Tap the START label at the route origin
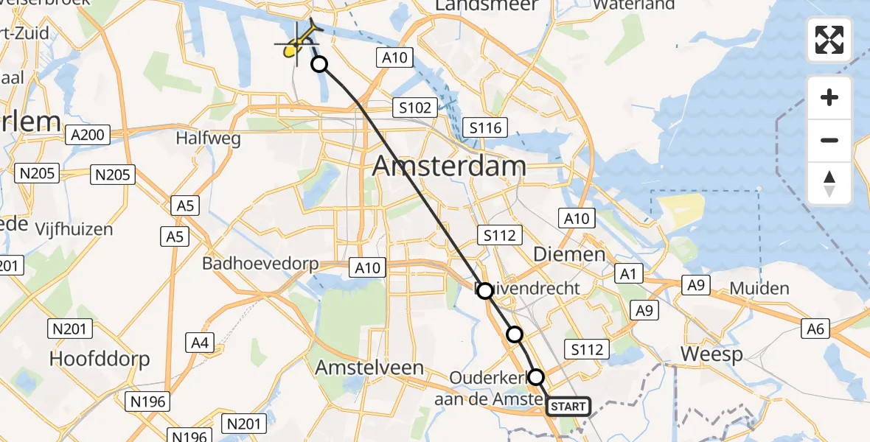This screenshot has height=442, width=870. click(x=568, y=407)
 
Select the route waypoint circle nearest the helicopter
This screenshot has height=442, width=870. click(x=319, y=65)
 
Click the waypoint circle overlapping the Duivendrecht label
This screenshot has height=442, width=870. click(x=484, y=291)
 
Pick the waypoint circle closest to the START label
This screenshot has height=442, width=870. click(x=536, y=377)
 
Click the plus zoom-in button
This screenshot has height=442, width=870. click(x=829, y=98)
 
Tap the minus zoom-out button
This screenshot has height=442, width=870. click(x=829, y=140)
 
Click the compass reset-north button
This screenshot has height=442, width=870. click(x=829, y=183)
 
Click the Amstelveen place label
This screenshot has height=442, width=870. click(x=369, y=367)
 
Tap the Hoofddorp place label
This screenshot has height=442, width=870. click(x=100, y=359)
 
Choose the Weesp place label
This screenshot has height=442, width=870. click(x=709, y=354)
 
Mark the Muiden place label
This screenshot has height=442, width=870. click(x=759, y=288)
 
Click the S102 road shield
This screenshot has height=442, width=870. click(x=414, y=108)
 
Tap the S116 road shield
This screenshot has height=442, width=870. click(x=485, y=128)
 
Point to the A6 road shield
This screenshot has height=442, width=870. click(x=815, y=329)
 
